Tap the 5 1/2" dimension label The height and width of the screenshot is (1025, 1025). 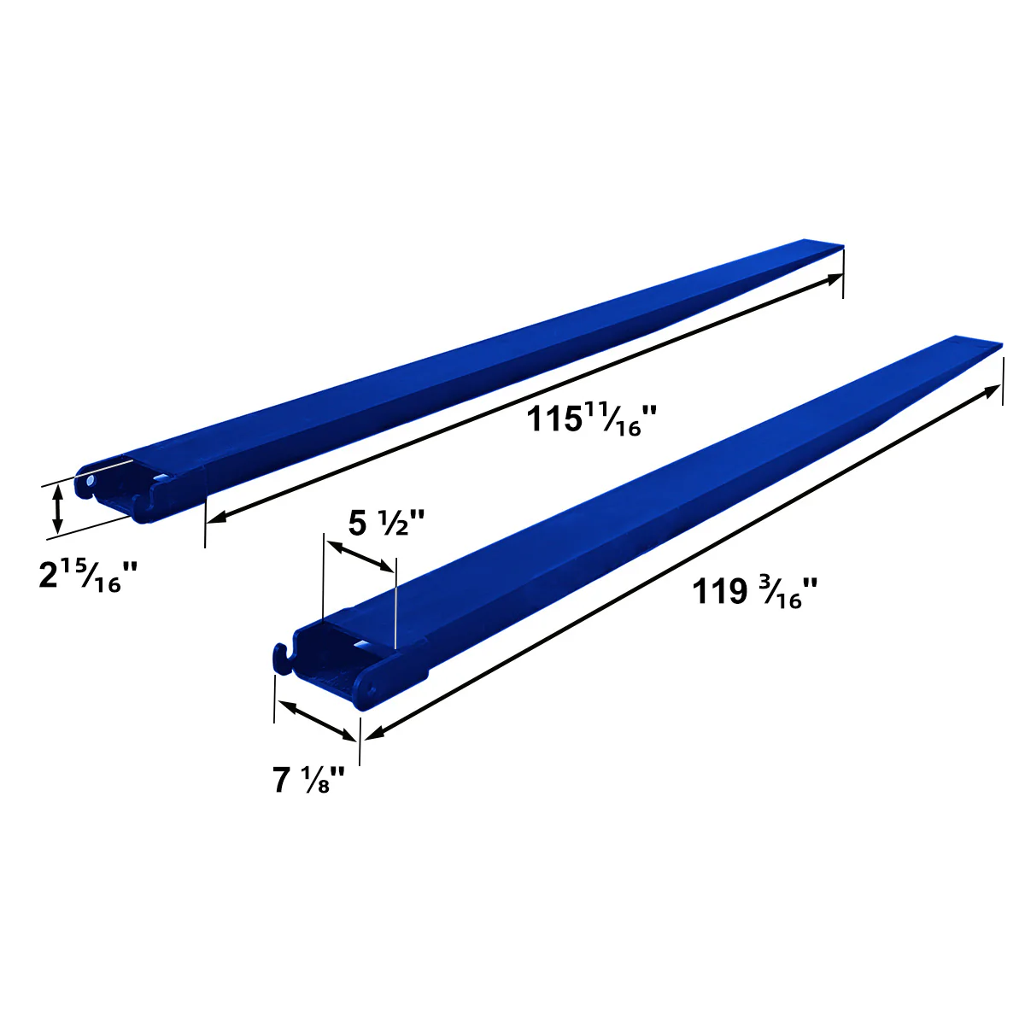tap(387, 522)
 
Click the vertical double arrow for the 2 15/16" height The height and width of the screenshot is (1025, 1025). tap(57, 508)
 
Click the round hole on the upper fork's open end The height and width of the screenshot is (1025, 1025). tap(90, 483)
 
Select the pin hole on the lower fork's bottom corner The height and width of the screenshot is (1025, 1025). tap(371, 688)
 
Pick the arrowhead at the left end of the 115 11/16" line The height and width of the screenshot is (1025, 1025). tap(214, 518)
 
